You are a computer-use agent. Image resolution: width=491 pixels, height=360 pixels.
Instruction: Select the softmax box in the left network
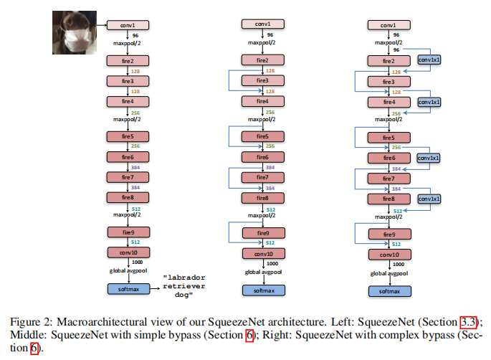coord(128,288)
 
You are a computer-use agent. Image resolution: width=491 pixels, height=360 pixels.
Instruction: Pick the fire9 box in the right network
coord(389,234)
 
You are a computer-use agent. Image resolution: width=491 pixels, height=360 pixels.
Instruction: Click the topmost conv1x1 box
coord(429,60)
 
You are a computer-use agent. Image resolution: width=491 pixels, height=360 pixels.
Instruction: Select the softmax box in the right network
coord(389,291)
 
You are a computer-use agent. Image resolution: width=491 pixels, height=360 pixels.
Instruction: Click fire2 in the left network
coord(127,61)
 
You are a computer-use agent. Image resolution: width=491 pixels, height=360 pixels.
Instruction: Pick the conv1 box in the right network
coord(389,25)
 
